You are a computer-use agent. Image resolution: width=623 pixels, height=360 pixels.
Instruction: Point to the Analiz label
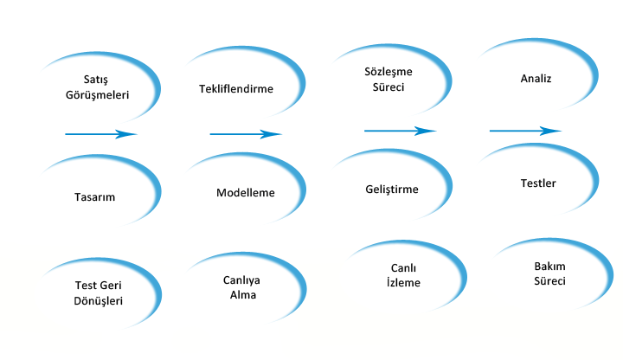click(x=536, y=79)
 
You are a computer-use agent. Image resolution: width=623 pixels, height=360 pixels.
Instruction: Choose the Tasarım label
click(x=95, y=196)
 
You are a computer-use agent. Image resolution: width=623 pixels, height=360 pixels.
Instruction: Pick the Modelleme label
click(x=246, y=192)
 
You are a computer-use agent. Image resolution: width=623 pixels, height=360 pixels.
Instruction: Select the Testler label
click(x=538, y=183)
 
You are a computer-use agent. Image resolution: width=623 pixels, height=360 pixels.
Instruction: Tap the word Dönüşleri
click(x=99, y=300)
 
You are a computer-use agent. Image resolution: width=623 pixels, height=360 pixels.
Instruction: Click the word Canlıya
click(x=242, y=280)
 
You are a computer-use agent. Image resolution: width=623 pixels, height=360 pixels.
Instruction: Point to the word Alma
click(x=242, y=294)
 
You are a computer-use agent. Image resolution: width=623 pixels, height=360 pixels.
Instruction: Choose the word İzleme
click(x=402, y=282)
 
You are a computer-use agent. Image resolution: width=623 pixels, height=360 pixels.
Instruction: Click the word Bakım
click(x=549, y=267)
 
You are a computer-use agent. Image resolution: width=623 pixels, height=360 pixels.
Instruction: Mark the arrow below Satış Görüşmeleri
click(x=101, y=134)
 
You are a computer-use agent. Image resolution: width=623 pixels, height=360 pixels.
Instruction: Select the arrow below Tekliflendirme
click(x=246, y=134)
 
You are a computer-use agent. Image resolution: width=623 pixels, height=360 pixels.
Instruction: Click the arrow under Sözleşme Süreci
click(x=399, y=131)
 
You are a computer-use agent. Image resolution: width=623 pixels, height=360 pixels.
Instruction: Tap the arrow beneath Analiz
click(x=525, y=131)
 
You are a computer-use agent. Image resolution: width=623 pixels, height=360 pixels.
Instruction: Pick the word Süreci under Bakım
click(x=549, y=281)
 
